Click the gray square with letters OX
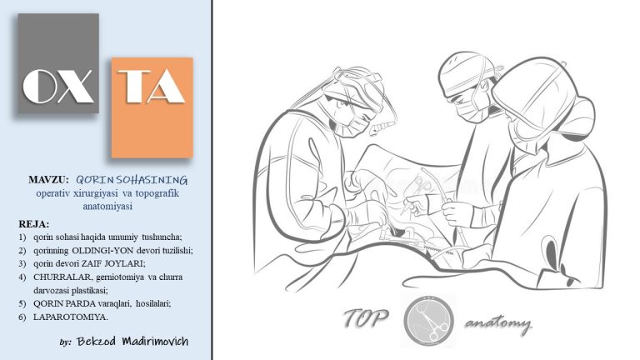(x=58, y=63)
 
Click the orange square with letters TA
(x=152, y=107)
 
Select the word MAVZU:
(x=48, y=180)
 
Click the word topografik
(x=157, y=193)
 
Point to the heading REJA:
(x=34, y=224)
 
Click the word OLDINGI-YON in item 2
(x=97, y=250)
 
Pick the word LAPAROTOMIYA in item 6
(x=70, y=317)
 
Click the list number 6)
(x=22, y=317)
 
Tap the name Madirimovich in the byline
(x=155, y=341)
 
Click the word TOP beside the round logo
(x=365, y=318)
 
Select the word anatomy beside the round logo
(x=498, y=324)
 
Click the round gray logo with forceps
(x=428, y=321)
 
